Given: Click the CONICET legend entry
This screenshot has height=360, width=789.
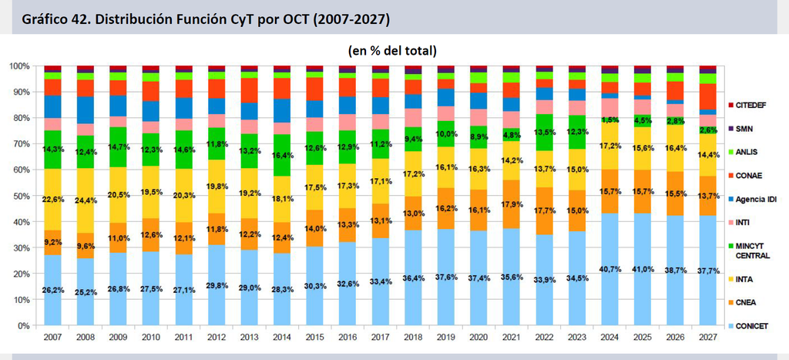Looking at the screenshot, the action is [x=748, y=326].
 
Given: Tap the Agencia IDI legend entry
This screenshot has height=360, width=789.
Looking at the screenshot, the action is [x=752, y=200].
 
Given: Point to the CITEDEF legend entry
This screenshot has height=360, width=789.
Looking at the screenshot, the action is [x=747, y=105].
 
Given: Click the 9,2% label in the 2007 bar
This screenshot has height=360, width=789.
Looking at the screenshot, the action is [x=53, y=241].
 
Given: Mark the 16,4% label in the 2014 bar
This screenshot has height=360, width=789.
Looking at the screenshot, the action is [x=283, y=156].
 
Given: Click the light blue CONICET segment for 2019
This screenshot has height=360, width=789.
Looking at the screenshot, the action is [x=446, y=278].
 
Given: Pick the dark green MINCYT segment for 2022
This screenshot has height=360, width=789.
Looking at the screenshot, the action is [x=545, y=133].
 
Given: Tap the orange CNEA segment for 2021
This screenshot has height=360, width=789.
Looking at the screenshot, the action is [x=512, y=204].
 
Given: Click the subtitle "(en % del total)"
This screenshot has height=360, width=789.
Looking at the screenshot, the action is [x=391, y=51].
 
